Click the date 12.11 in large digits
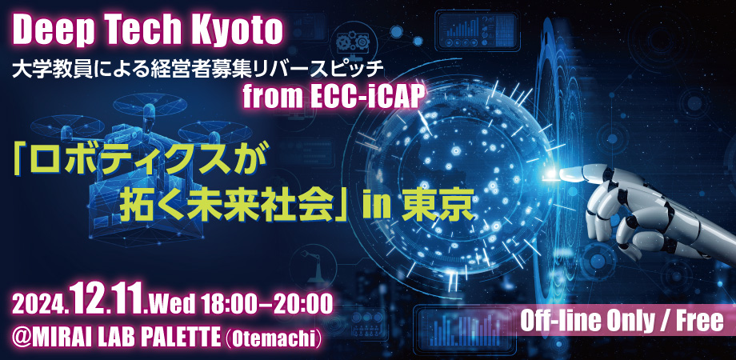pos(109,298)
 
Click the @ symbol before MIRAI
pos(21,338)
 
